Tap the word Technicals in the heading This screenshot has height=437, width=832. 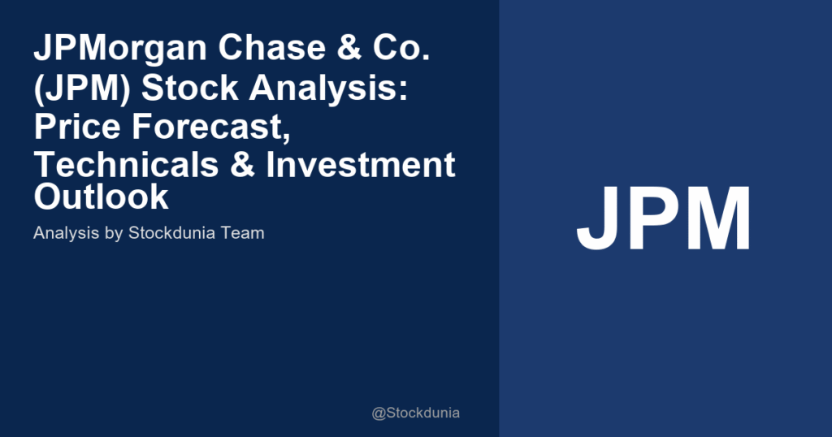pos(126,164)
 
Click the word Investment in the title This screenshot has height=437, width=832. pos(361,164)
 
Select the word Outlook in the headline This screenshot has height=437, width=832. pos(102,197)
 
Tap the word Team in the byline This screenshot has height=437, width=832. pos(243,233)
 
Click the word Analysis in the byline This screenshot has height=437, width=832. pos(67,233)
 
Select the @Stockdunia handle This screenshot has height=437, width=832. pos(415,413)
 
